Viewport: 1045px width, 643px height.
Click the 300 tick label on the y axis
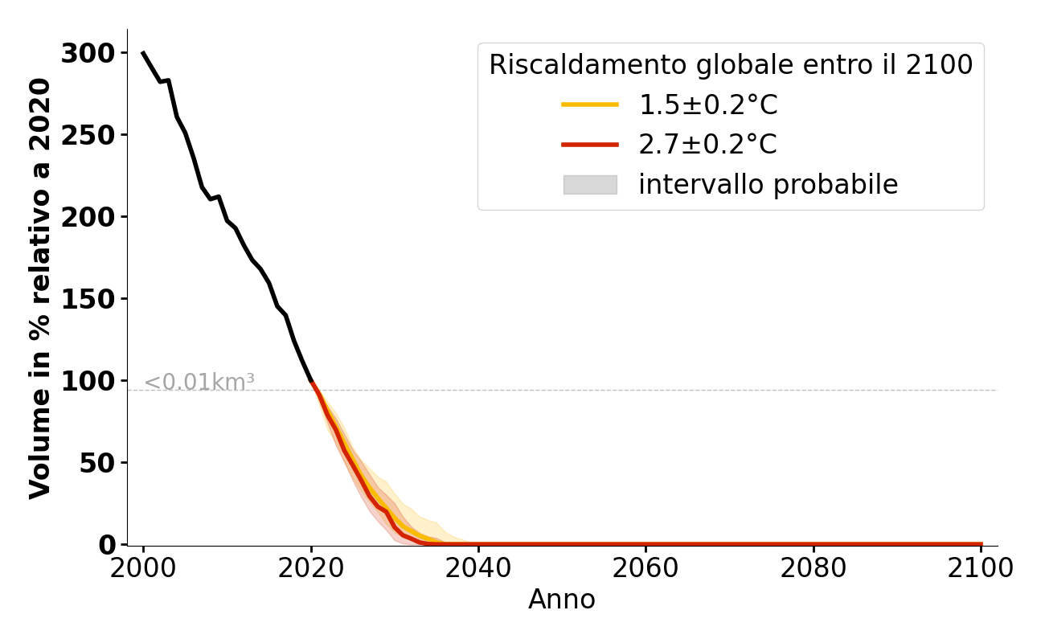[x=88, y=54]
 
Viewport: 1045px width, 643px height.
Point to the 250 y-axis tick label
[x=88, y=135]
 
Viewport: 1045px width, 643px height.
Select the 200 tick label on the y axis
[x=88, y=217]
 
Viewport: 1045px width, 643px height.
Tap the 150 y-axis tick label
[x=88, y=299]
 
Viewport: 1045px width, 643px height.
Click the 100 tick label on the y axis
[x=88, y=381]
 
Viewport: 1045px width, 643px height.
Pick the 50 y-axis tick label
[x=97, y=463]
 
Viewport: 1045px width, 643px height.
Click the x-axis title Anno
[x=562, y=600]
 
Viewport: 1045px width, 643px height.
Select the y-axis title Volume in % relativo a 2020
[x=41, y=288]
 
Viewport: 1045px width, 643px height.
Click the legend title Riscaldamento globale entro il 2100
[x=731, y=65]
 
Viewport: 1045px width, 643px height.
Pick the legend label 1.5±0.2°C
[x=708, y=105]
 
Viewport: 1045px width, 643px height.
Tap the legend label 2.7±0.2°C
[x=708, y=145]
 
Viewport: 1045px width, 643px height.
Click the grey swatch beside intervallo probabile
[x=590, y=185]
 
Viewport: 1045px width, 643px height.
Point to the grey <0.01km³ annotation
[x=199, y=383]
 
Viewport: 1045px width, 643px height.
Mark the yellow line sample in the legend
[x=590, y=104]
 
